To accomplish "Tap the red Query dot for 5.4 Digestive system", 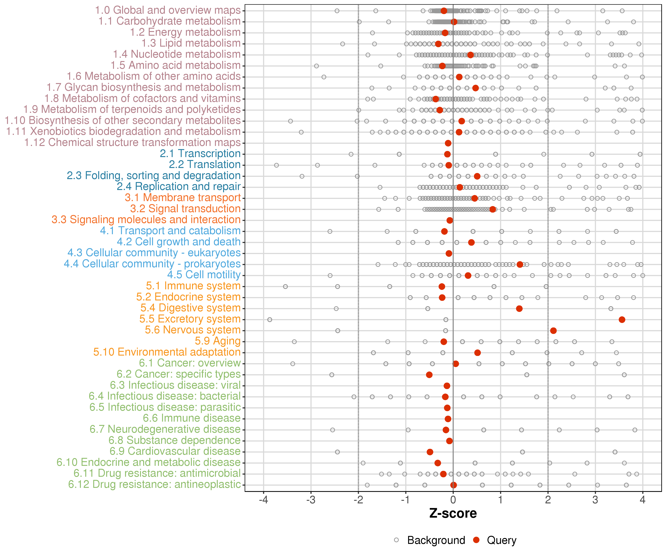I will tap(519, 309).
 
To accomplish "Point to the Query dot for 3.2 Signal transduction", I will tap(492, 209).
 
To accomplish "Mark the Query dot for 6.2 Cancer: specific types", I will tap(429, 375).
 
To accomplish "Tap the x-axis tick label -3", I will tap(311, 500).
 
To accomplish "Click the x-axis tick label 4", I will tap(643, 500).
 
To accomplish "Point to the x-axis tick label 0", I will tap(453, 500).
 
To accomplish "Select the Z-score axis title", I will tap(453, 513).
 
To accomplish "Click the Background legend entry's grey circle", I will tap(396, 540).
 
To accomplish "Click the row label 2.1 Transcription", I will tap(200, 154).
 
